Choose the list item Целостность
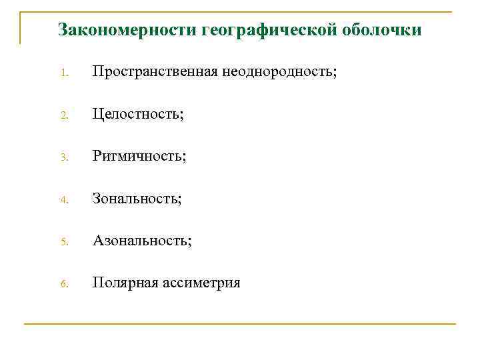point(138,114)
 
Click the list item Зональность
point(137,198)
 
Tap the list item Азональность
point(142,240)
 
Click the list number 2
point(63,115)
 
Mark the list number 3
point(63,157)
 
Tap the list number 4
point(63,199)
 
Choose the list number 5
point(63,241)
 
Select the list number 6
point(63,284)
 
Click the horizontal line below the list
point(240,324)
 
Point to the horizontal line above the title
point(240,11)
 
